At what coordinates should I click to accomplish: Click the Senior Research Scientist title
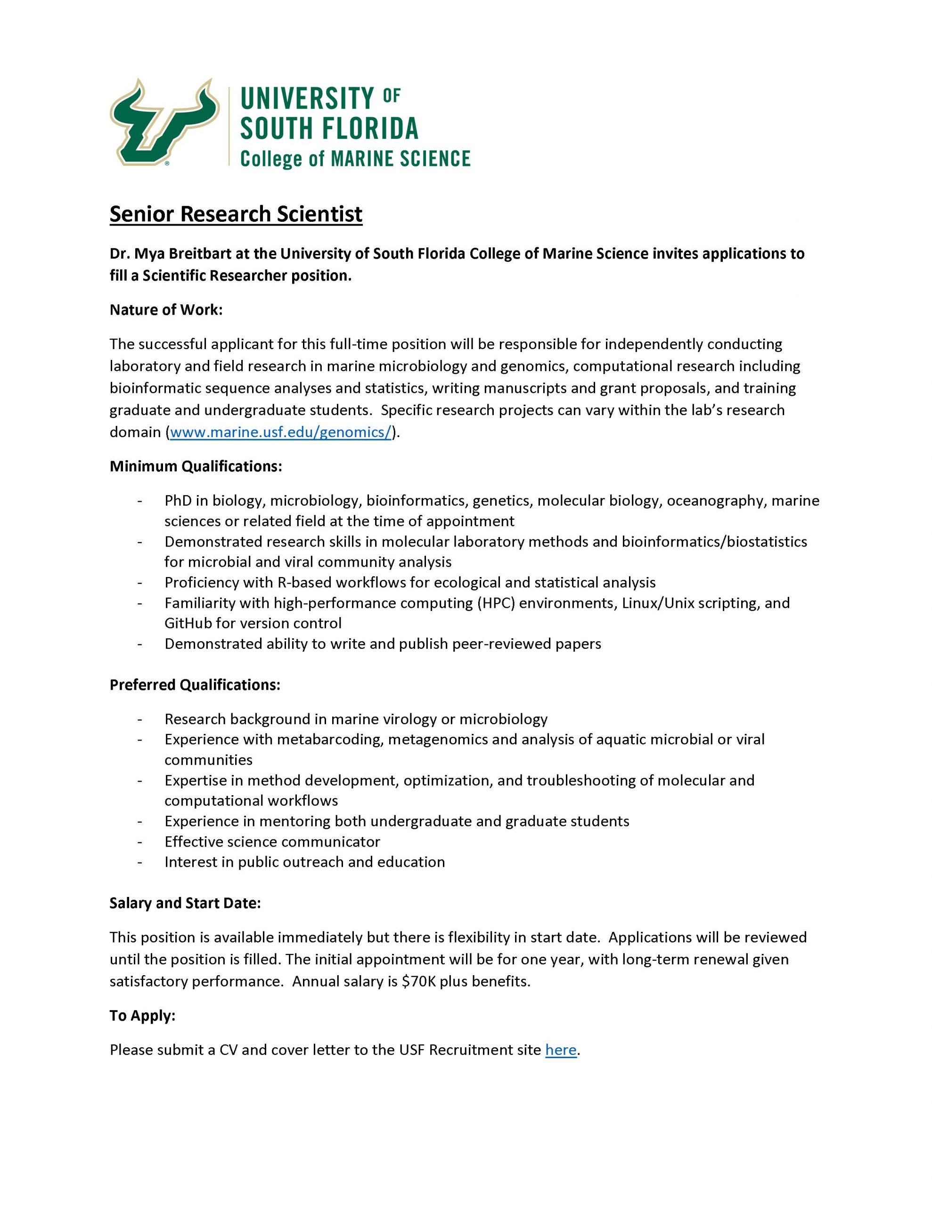click(236, 214)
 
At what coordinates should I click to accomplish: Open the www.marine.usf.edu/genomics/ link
click(281, 432)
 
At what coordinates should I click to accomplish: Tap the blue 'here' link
click(560, 1050)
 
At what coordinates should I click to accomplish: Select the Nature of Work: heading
click(166, 310)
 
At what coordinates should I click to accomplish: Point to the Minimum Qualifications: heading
click(196, 466)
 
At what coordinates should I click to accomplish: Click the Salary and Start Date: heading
click(185, 904)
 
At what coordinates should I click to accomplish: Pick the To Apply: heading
click(142, 1016)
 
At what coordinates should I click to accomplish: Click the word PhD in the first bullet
click(177, 501)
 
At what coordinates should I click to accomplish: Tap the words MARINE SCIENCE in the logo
click(400, 159)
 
